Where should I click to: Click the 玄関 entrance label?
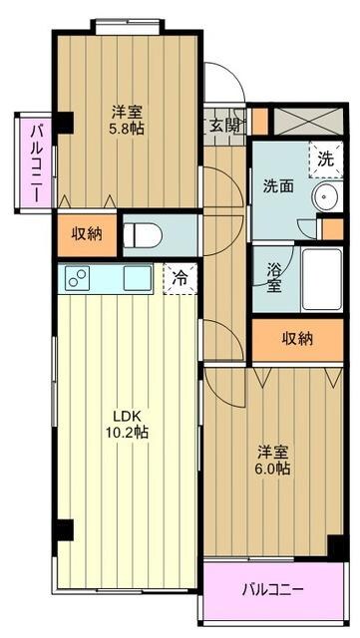click(224, 125)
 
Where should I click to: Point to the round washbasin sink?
click(326, 197)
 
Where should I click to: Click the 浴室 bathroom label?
click(274, 276)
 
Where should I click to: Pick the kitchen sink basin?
click(137, 279)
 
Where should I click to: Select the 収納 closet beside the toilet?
click(86, 234)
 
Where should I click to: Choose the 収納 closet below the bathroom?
click(296, 339)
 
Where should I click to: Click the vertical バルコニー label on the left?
click(35, 160)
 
